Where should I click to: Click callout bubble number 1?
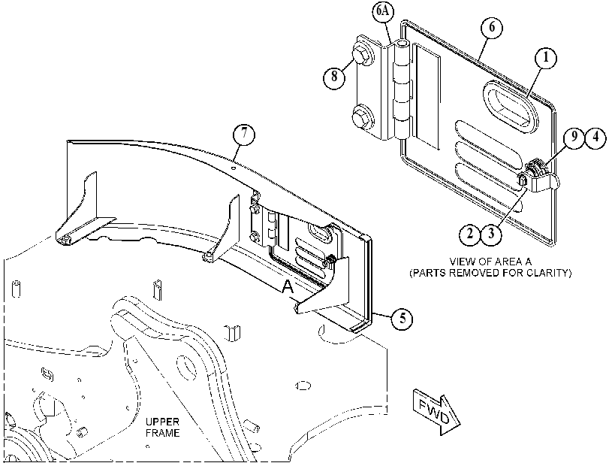point(545,58)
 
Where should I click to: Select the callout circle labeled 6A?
point(383,11)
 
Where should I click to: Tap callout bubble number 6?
point(491,28)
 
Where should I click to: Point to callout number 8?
point(334,77)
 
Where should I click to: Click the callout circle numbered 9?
point(574,138)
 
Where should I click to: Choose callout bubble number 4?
point(595,138)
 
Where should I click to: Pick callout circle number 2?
point(470,234)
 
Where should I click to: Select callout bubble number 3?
point(491,234)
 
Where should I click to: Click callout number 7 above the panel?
point(244,134)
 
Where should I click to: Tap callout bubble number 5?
point(402,319)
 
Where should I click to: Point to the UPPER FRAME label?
point(163,427)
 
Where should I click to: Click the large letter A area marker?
point(288,286)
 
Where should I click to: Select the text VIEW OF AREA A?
point(490,262)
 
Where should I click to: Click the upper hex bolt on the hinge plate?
point(362,55)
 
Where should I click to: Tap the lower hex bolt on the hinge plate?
point(362,116)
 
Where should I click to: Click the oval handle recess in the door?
point(511,104)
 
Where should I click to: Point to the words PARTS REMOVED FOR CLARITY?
point(490,273)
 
